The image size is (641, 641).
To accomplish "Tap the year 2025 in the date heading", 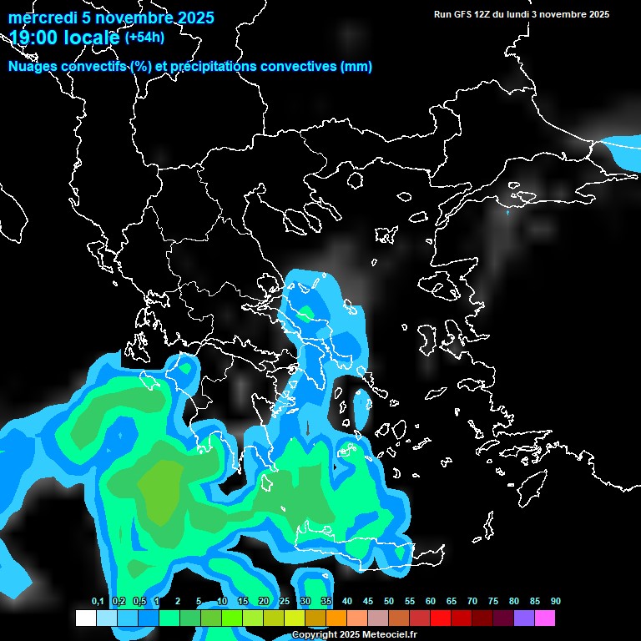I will [x=194, y=18].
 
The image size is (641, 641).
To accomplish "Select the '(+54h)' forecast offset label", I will [x=144, y=37].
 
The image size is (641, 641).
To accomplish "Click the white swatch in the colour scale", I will [x=86, y=618].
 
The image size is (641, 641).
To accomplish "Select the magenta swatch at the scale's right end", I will [x=544, y=618].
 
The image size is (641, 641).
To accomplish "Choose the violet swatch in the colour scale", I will [x=523, y=618].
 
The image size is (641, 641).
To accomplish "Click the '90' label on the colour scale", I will [x=555, y=601].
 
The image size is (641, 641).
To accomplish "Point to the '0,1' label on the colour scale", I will [x=98, y=601].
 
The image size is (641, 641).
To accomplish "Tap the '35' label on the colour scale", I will [x=326, y=601].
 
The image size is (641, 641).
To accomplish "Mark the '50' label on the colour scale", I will [x=389, y=601].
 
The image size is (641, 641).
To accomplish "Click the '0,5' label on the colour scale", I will [x=139, y=601].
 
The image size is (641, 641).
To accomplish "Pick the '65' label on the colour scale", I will [x=452, y=601].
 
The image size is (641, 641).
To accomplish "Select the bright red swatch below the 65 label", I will [x=441, y=618].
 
